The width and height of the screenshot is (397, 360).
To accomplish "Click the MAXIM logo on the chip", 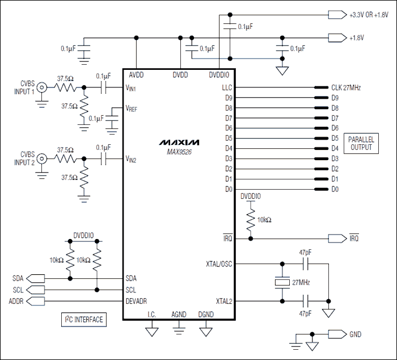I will click(x=178, y=140).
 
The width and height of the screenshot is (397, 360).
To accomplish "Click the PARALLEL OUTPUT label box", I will click(x=361, y=143).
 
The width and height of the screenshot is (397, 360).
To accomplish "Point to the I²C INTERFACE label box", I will click(x=83, y=320).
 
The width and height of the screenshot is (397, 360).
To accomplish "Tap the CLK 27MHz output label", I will click(x=346, y=88).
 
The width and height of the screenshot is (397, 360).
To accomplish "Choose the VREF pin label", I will click(x=132, y=108).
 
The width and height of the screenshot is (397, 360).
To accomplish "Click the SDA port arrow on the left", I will click(x=35, y=279).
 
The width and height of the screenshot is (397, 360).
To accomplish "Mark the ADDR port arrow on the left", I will click(x=35, y=301).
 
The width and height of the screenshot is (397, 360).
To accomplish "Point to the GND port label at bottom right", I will click(x=355, y=334).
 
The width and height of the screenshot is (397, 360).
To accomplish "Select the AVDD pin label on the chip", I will click(x=137, y=74).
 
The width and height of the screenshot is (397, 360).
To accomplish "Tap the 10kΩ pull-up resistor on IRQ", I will click(x=250, y=220).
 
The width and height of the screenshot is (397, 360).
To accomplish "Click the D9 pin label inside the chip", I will click(x=229, y=98).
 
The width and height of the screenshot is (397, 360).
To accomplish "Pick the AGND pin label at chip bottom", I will click(x=179, y=314).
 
